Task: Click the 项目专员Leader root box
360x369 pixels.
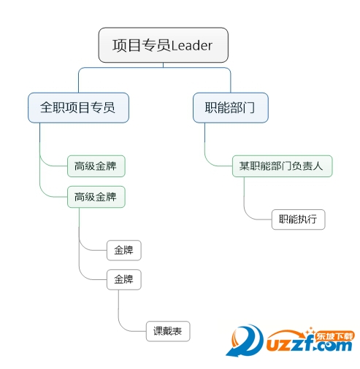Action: pyautogui.click(x=163, y=45)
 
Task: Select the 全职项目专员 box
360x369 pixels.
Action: pyautogui.click(x=78, y=107)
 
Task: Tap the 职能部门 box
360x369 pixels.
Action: pyautogui.click(x=231, y=107)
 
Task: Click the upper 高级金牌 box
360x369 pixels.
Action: pyautogui.click(x=96, y=166)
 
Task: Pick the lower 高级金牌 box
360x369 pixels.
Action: pyautogui.click(x=96, y=197)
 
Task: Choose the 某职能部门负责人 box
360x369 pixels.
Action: pyautogui.click(x=282, y=166)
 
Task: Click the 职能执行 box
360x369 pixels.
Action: pyautogui.click(x=298, y=220)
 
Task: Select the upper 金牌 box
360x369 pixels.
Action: pyautogui.click(x=124, y=250)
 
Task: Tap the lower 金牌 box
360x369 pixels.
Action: pyautogui.click(x=124, y=279)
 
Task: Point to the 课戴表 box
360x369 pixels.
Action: pyautogui.click(x=168, y=331)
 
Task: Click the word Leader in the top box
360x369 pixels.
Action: pyautogui.click(x=192, y=45)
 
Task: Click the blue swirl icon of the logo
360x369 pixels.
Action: pyautogui.click(x=245, y=341)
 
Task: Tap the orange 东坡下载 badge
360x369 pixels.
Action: pyautogui.click(x=334, y=336)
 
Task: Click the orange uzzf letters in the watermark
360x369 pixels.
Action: pyautogui.click(x=291, y=343)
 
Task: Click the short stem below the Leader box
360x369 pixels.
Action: pyautogui.click(x=163, y=65)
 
